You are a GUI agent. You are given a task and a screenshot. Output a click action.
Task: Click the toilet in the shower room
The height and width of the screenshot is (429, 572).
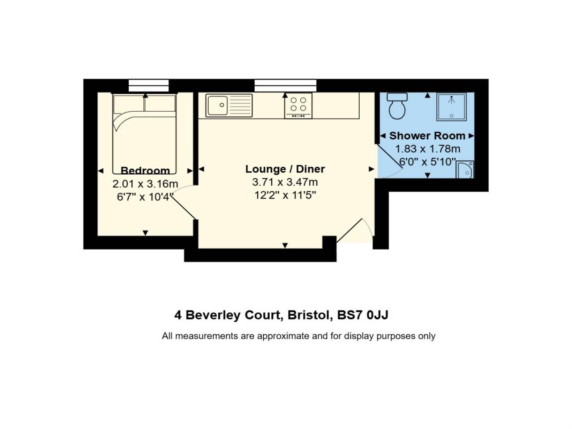(397, 106)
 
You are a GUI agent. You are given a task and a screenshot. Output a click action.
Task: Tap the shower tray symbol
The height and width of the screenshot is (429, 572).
(451, 107)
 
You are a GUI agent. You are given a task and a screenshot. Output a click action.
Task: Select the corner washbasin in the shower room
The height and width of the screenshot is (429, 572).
(465, 169)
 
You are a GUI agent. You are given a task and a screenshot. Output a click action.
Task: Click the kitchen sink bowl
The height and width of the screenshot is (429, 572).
(218, 105)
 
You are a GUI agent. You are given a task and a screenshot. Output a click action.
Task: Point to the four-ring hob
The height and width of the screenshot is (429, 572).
(298, 106)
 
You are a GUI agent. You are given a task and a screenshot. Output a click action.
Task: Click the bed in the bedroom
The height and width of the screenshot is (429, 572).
(144, 134)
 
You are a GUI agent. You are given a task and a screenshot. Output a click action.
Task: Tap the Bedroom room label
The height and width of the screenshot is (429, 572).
(145, 171)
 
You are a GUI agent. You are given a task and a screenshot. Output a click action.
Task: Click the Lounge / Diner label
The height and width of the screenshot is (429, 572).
(285, 169)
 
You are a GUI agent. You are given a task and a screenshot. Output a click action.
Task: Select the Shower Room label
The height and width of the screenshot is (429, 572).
(427, 136)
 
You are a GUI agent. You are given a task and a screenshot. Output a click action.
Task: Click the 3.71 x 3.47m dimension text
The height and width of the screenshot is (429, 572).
(285, 182)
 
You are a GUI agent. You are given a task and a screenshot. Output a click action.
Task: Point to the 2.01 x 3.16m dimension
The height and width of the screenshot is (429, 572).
(145, 184)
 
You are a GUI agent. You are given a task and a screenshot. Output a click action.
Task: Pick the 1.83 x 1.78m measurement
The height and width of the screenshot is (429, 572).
(428, 149)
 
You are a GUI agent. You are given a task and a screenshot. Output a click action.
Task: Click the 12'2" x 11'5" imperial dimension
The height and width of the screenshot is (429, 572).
(285, 195)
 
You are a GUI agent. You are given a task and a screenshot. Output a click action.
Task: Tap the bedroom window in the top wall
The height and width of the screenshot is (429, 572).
(148, 85)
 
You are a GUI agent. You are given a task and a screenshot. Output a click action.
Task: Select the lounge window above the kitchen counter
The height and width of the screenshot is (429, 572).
(286, 85)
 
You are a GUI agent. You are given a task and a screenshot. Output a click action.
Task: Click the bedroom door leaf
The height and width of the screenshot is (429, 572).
(184, 208)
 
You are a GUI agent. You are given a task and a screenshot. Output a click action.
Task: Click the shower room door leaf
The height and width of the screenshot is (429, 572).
(390, 156)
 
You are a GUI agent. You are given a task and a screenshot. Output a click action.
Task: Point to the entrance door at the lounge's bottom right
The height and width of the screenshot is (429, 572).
(349, 231)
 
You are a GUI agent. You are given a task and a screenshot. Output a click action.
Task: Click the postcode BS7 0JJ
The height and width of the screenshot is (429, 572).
(363, 315)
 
